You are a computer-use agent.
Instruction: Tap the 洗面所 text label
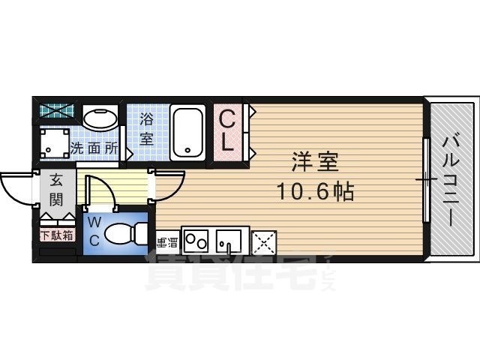pyautogui.click(x=94, y=148)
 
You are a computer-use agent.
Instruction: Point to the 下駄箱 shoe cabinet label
pyautogui.click(x=57, y=235)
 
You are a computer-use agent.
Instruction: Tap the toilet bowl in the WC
pyautogui.click(x=122, y=234)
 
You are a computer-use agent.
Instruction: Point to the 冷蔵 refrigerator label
pyautogui.click(x=166, y=242)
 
